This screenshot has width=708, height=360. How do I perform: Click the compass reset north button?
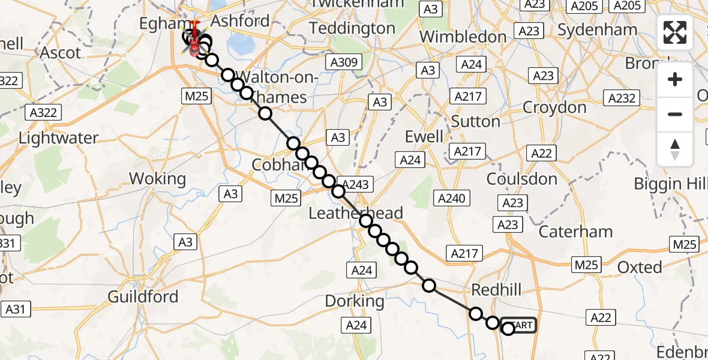coord(675,149)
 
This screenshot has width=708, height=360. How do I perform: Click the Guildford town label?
coord(143,296)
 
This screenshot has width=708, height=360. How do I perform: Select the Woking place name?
coord(157,178)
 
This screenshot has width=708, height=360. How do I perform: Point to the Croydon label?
coord(554,107)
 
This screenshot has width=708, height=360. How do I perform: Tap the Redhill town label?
coord(496,290)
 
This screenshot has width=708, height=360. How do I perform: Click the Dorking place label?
coord(355,301)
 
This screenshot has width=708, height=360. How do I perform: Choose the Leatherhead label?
coord(356,213)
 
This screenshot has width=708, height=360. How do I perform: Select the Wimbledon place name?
coord(463,36)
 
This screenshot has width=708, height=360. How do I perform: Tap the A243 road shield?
coord(356,184)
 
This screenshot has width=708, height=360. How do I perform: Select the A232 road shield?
coord(622,98)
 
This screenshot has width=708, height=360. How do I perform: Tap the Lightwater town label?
coord(58,137)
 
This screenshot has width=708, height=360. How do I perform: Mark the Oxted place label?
coord(640,267)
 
